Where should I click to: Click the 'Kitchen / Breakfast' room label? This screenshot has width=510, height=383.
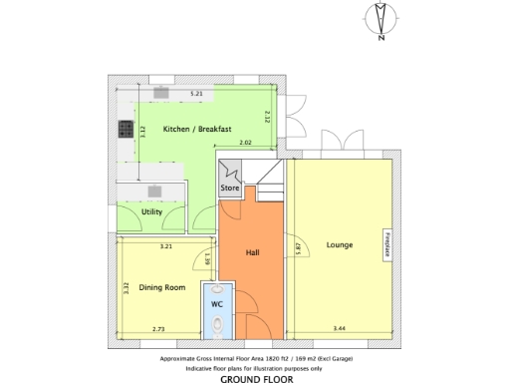coord(197,130)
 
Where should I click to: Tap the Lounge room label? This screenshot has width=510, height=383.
coord(340,244)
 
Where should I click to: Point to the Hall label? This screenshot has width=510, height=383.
coord(253,253)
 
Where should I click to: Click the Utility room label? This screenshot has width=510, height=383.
coord(151,211)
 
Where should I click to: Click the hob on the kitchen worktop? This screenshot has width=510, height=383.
coord(126,129)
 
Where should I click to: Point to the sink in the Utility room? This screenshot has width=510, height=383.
coord(154,191)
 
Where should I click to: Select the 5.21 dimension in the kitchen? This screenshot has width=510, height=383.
coord(195,94)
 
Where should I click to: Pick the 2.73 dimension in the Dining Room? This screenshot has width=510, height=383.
coord(159,329)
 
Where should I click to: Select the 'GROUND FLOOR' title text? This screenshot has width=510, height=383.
coord(255,378)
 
